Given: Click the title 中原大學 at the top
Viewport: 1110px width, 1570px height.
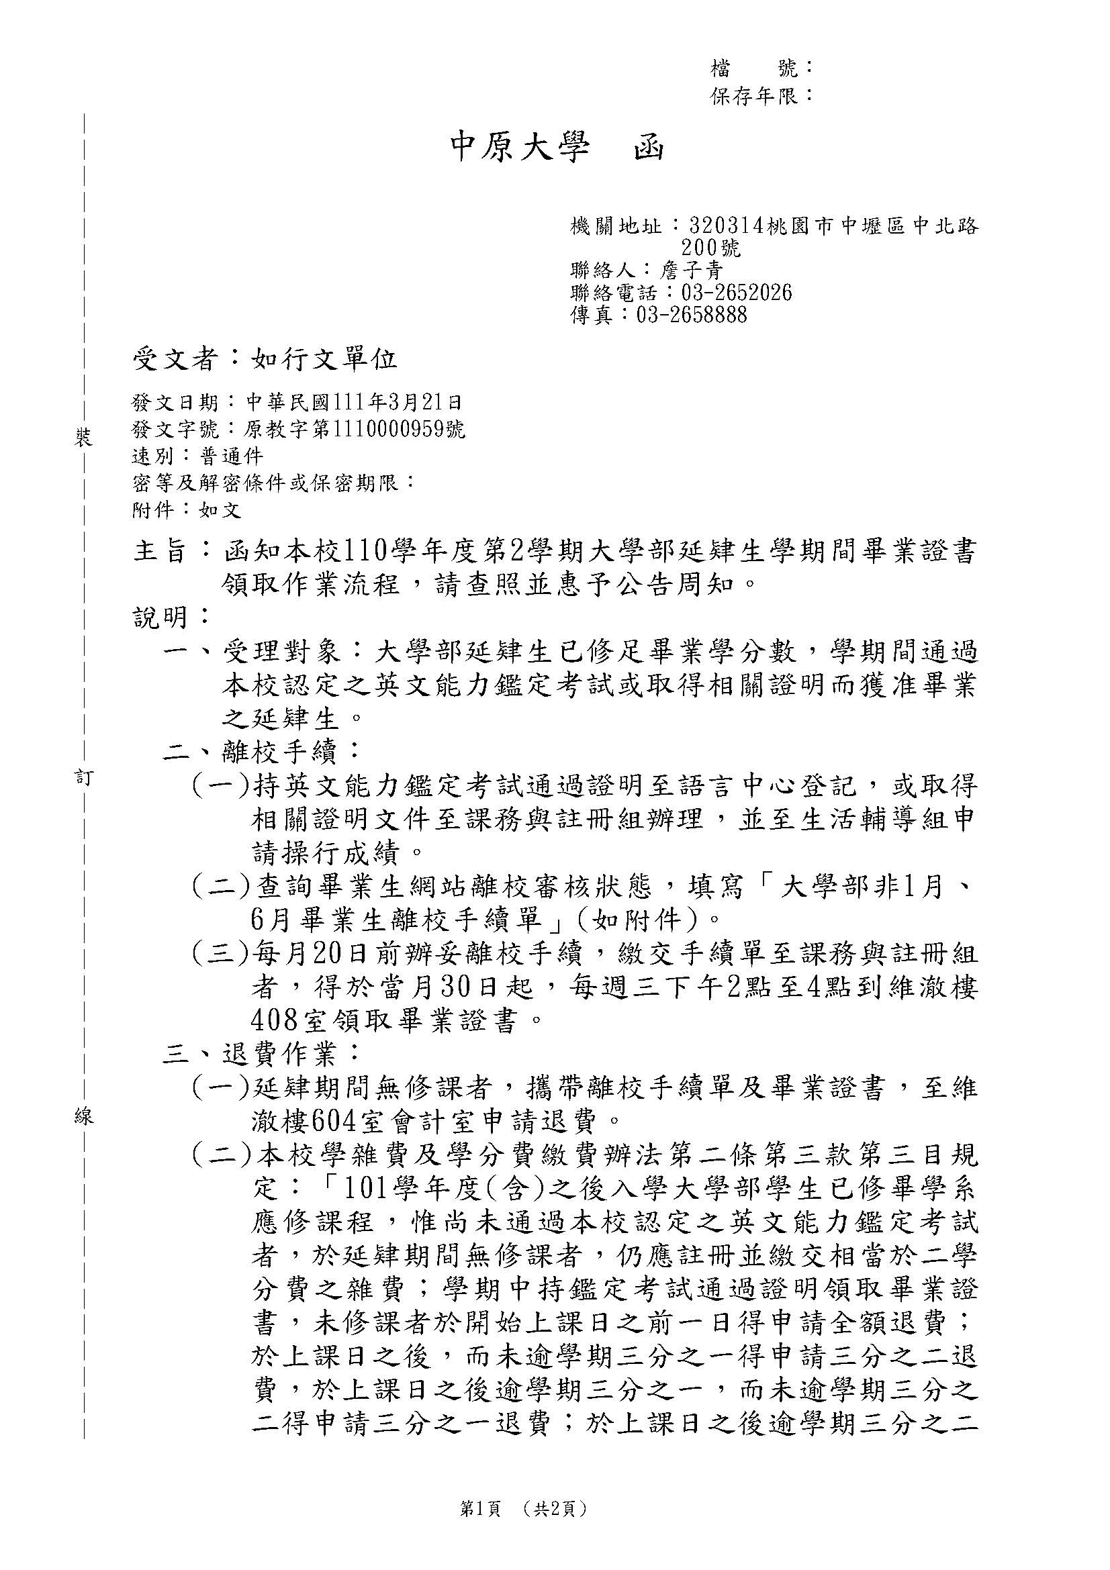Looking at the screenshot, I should click(519, 148).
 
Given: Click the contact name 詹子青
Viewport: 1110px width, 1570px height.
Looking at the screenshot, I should click(691, 271).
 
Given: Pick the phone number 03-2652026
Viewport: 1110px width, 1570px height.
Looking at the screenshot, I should click(737, 293).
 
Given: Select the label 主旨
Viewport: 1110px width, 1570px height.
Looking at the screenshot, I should click(160, 550).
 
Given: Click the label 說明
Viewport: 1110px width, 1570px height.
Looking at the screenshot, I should click(160, 618).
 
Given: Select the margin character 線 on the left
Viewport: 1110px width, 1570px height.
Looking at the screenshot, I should click(83, 1118).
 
